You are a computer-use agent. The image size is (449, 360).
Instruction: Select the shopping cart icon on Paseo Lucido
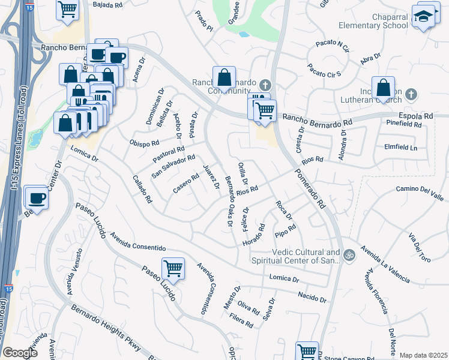pos(173,268)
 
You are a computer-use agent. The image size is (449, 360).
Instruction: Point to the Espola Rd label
pos(416,115)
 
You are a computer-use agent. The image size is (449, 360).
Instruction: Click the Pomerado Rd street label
pos(310,188)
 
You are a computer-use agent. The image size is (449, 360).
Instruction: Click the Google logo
pos(20,353)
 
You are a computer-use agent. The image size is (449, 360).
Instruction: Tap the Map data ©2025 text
pos(423,355)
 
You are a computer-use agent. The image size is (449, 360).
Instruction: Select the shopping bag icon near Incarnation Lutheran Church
pos(383,88)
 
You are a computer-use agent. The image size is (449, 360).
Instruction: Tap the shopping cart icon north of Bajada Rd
pos(68,9)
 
